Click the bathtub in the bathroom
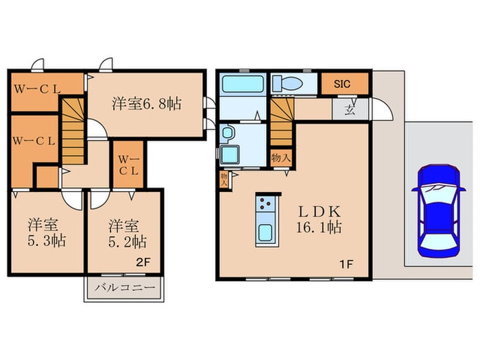coord(243,85)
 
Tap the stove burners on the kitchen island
coord(265,204)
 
